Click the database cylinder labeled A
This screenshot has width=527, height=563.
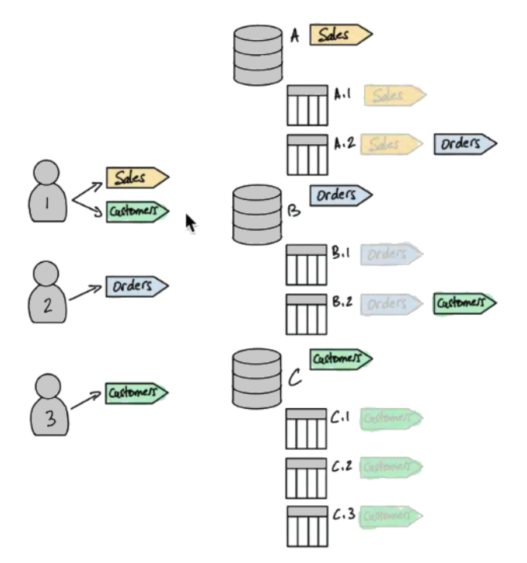pyautogui.click(x=257, y=55)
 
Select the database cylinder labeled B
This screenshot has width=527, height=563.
pyautogui.click(x=257, y=214)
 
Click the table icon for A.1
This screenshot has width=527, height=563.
pyautogui.click(x=307, y=105)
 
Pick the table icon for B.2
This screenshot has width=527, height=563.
pyautogui.click(x=306, y=314)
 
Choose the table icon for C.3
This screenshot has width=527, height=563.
pyautogui.click(x=308, y=526)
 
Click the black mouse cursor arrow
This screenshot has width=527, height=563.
pyautogui.click(x=190, y=223)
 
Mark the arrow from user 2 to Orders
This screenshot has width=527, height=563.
pyautogui.click(x=86, y=293)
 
